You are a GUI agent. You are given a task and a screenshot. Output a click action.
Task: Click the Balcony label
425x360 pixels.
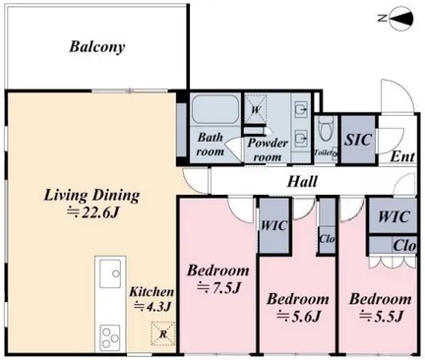pyautogui.click(x=97, y=47)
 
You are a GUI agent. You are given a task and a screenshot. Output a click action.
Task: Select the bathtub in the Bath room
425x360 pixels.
pyautogui.click(x=214, y=109)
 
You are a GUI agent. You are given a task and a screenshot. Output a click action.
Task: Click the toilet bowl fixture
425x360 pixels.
pyautogui.click(x=326, y=128)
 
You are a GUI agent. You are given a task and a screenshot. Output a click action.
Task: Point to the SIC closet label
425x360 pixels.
pyautogui.click(x=358, y=140)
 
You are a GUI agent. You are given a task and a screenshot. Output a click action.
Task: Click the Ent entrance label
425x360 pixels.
pyautogui.click(x=402, y=156)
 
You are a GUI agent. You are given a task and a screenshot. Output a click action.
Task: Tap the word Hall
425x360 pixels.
pyautogui.click(x=302, y=181)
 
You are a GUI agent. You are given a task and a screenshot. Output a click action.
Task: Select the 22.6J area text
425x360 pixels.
pyautogui.click(x=92, y=212)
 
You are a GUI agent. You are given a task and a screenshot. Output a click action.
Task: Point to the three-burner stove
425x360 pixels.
pyautogui.click(x=110, y=337)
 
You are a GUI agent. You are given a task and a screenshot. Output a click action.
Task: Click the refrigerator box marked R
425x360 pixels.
pyautogui.click(x=163, y=333)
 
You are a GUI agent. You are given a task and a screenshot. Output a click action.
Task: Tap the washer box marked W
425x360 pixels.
pyautogui.click(x=256, y=109)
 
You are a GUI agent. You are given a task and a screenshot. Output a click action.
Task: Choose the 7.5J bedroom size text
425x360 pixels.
pyautogui.click(x=218, y=288)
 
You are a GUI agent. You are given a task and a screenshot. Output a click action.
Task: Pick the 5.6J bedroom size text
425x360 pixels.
pyautogui.click(x=298, y=317)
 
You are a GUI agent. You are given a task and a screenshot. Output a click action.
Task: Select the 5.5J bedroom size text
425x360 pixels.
pyautogui.click(x=381, y=317)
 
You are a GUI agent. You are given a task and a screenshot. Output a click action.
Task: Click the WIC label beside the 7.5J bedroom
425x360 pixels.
pyautogui.click(x=274, y=225)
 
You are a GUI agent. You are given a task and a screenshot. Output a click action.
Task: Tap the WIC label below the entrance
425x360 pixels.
pyautogui.click(x=394, y=216)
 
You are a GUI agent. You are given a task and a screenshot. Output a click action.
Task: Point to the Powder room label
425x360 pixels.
pyautogui.click(x=268, y=150)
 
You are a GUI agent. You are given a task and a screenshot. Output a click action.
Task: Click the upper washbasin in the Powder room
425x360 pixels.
pyautogui.click(x=301, y=109)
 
